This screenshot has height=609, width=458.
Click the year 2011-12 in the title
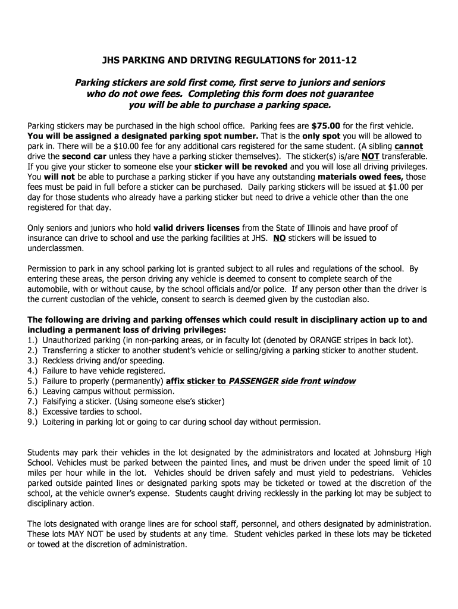pos(338,61)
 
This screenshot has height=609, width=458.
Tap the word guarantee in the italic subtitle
pos(348,94)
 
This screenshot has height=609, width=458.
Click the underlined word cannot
pos(409,146)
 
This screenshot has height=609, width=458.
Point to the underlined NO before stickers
pos(279,238)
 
